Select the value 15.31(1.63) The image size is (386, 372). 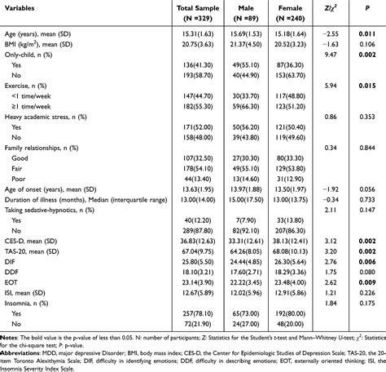pos(193,30)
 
